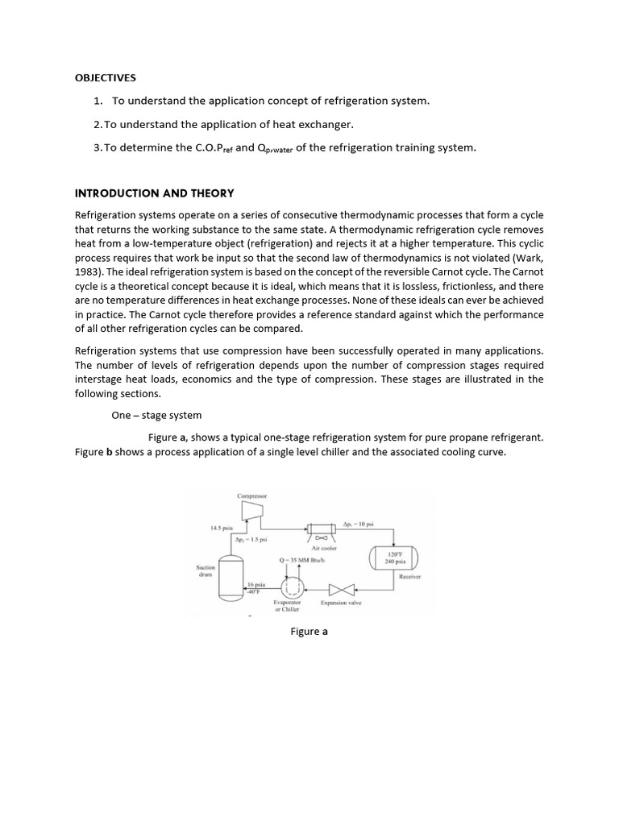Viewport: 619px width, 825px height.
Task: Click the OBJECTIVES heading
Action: click(x=105, y=78)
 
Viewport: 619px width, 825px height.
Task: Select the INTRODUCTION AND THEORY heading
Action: click(x=154, y=193)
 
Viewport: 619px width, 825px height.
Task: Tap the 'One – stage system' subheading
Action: click(x=156, y=415)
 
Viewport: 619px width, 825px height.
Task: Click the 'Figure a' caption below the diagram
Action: click(x=309, y=632)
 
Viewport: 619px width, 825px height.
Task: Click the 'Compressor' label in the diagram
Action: click(x=252, y=495)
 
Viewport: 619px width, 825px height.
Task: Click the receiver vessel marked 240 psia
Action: click(x=393, y=558)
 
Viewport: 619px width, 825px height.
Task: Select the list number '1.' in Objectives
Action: click(x=98, y=101)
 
